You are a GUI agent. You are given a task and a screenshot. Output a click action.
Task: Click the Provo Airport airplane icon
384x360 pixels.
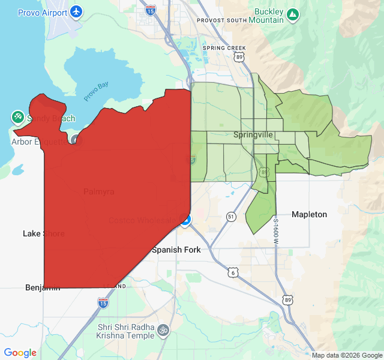point(76,11)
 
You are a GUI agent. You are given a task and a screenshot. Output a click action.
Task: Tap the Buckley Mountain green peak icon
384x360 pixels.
point(292,13)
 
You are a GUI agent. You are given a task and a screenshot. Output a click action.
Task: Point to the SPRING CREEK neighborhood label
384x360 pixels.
point(225,47)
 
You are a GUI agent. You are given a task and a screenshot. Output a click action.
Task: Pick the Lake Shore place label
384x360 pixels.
point(43,233)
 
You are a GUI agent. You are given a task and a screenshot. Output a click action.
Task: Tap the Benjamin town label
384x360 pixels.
point(43,287)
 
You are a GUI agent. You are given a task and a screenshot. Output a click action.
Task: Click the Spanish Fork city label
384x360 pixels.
point(176,250)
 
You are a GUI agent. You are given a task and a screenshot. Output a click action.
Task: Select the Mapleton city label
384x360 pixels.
point(309,214)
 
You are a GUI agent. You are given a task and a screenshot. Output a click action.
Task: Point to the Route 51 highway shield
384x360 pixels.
point(230,216)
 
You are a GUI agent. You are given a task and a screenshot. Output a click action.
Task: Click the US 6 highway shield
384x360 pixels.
point(233,272)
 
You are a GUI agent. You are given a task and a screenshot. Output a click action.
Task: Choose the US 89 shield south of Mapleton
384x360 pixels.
point(288,299)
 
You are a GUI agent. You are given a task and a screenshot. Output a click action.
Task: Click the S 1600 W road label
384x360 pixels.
point(277,231)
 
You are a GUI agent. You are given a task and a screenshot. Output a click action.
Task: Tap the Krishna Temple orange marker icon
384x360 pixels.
point(162,330)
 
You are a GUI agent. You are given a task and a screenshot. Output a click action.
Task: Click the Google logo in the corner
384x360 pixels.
point(20,353)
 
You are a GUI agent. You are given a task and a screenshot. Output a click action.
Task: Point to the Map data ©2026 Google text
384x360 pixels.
point(346,355)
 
